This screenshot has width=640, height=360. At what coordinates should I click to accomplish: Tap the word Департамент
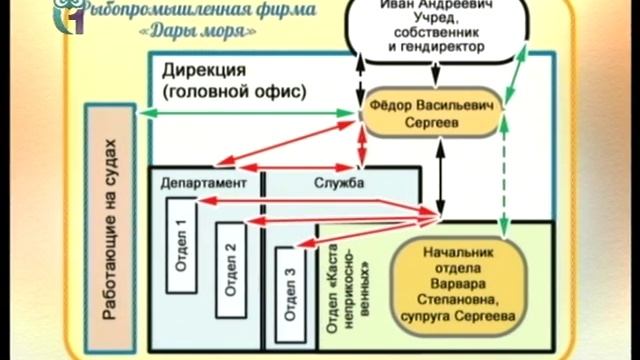tap(203, 185)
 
